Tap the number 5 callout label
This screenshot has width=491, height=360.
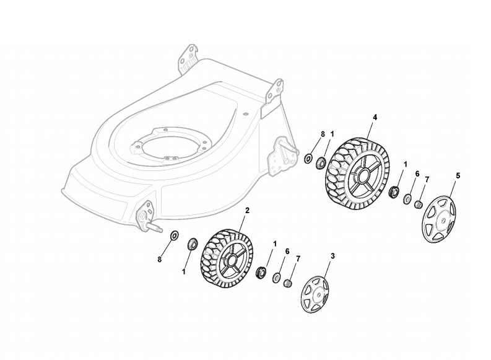click(458, 176)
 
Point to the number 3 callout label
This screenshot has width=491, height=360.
click(332, 255)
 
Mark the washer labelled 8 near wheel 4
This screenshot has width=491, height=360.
click(308, 159)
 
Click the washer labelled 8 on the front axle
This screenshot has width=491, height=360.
click(174, 235)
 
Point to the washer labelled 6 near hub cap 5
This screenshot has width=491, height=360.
click(407, 198)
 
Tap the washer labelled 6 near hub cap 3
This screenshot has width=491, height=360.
click(275, 277)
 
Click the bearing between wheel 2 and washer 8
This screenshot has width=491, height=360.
click(192, 243)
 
